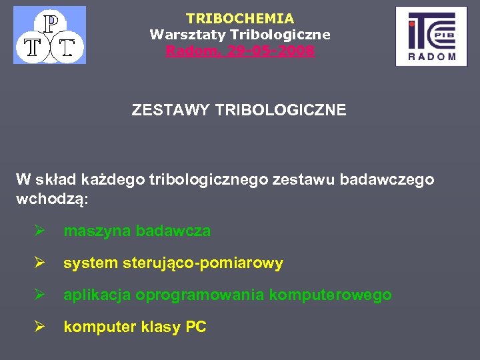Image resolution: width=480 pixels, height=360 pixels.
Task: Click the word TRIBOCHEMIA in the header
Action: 240,19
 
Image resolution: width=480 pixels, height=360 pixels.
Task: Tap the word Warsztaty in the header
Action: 182,35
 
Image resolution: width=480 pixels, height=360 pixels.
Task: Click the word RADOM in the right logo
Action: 431,57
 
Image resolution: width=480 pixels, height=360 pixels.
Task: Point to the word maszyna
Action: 97,231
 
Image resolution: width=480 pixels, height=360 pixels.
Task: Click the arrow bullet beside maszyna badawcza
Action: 40,231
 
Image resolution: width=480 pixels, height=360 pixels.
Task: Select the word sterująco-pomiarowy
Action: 203,263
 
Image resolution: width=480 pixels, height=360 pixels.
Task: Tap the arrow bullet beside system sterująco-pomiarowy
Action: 40,263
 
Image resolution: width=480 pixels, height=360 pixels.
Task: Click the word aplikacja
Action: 97,295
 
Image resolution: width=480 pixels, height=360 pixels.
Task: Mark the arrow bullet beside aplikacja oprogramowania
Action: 40,295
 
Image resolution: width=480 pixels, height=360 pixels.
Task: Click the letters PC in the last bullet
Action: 196,327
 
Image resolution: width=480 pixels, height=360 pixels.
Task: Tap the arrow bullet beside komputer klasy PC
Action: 40,327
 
